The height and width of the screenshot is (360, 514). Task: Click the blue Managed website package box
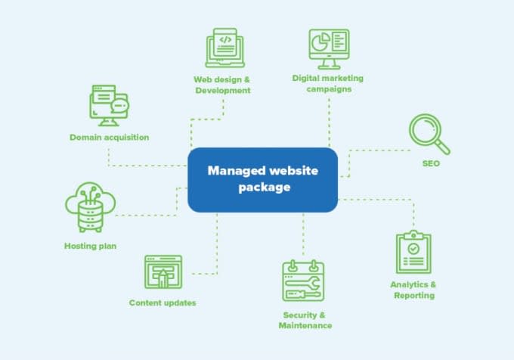[262, 179]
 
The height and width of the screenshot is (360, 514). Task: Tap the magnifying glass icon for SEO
[429, 133]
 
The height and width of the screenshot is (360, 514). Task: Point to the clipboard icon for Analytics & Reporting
[413, 253]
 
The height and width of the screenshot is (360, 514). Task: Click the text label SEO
[431, 163]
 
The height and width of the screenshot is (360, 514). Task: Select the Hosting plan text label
[90, 246]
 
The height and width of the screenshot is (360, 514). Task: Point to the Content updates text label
[163, 303]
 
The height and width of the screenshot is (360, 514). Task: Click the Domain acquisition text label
[110, 137]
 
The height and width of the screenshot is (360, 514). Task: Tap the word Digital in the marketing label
[307, 77]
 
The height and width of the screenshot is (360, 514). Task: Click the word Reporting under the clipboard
[414, 296]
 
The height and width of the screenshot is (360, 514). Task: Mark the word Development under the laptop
[222, 90]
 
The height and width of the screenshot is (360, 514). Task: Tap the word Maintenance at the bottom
[305, 325]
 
